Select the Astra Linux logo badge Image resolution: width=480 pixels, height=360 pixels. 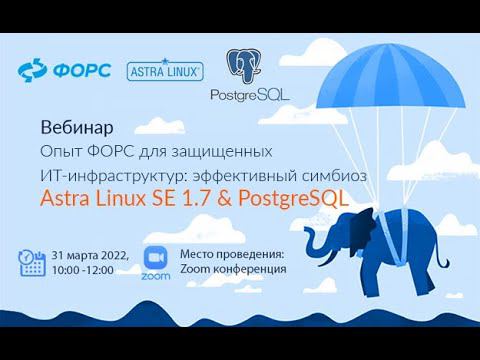click(x=165, y=71)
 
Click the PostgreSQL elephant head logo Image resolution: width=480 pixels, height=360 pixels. click(x=245, y=67)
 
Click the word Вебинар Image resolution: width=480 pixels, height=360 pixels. click(x=76, y=128)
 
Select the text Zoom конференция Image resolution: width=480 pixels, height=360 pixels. click(x=233, y=268)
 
